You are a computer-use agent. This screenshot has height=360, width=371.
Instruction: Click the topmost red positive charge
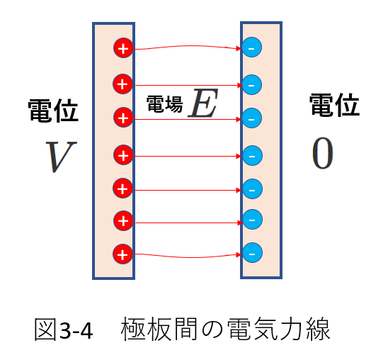[x=123, y=48]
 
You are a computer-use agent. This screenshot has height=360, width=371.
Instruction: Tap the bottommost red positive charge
[x=122, y=254]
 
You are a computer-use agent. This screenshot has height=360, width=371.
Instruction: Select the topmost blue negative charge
[x=252, y=47]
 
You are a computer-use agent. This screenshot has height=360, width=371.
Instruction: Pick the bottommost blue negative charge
[x=253, y=252]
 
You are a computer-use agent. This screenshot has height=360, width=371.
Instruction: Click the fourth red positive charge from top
[x=123, y=155]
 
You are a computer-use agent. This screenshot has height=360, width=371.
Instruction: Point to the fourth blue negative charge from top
[x=253, y=156]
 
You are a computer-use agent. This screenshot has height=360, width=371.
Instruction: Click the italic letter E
[x=202, y=103]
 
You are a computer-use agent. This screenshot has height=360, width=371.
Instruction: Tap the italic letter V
[x=61, y=157]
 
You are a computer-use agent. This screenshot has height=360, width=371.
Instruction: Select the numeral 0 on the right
[x=322, y=153]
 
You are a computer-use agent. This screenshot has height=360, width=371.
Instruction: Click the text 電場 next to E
[x=165, y=104]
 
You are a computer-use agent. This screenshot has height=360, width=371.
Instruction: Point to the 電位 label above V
[x=53, y=111]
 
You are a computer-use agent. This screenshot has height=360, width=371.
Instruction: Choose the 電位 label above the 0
[x=335, y=104]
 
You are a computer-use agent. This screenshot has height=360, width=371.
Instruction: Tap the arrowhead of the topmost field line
[x=239, y=48]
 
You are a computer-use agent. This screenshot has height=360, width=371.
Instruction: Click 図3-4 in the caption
[x=64, y=330]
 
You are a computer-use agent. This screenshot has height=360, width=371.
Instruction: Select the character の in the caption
[x=212, y=330]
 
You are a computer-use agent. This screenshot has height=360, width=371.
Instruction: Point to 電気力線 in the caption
[x=278, y=330]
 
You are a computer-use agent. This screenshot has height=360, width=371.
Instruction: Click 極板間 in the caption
[x=159, y=330]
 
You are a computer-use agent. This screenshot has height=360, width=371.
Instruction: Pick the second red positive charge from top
[x=122, y=84]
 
